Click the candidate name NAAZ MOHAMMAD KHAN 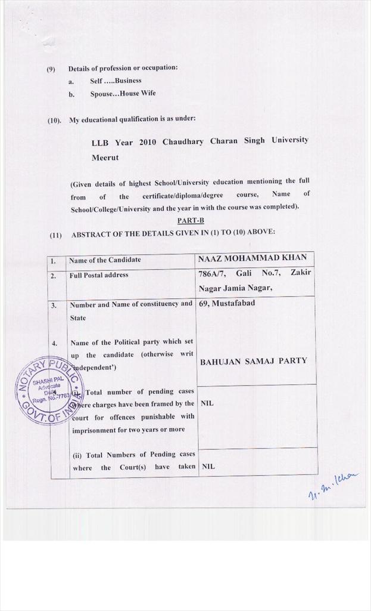(x=252, y=258)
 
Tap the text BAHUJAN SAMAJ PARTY (x=253, y=361)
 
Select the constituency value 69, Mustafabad (x=226, y=303)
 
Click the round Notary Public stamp (x=50, y=391)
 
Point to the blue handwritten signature (x=333, y=485)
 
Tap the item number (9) (x=51, y=69)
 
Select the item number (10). (x=54, y=120)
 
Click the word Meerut (x=105, y=158)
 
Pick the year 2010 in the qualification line (x=148, y=142)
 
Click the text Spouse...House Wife (x=123, y=94)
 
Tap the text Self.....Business (x=116, y=81)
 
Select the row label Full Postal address (x=98, y=275)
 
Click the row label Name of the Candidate (x=105, y=260)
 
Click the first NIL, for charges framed (x=207, y=403)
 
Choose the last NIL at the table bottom (x=207, y=466)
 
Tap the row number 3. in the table (x=54, y=305)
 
